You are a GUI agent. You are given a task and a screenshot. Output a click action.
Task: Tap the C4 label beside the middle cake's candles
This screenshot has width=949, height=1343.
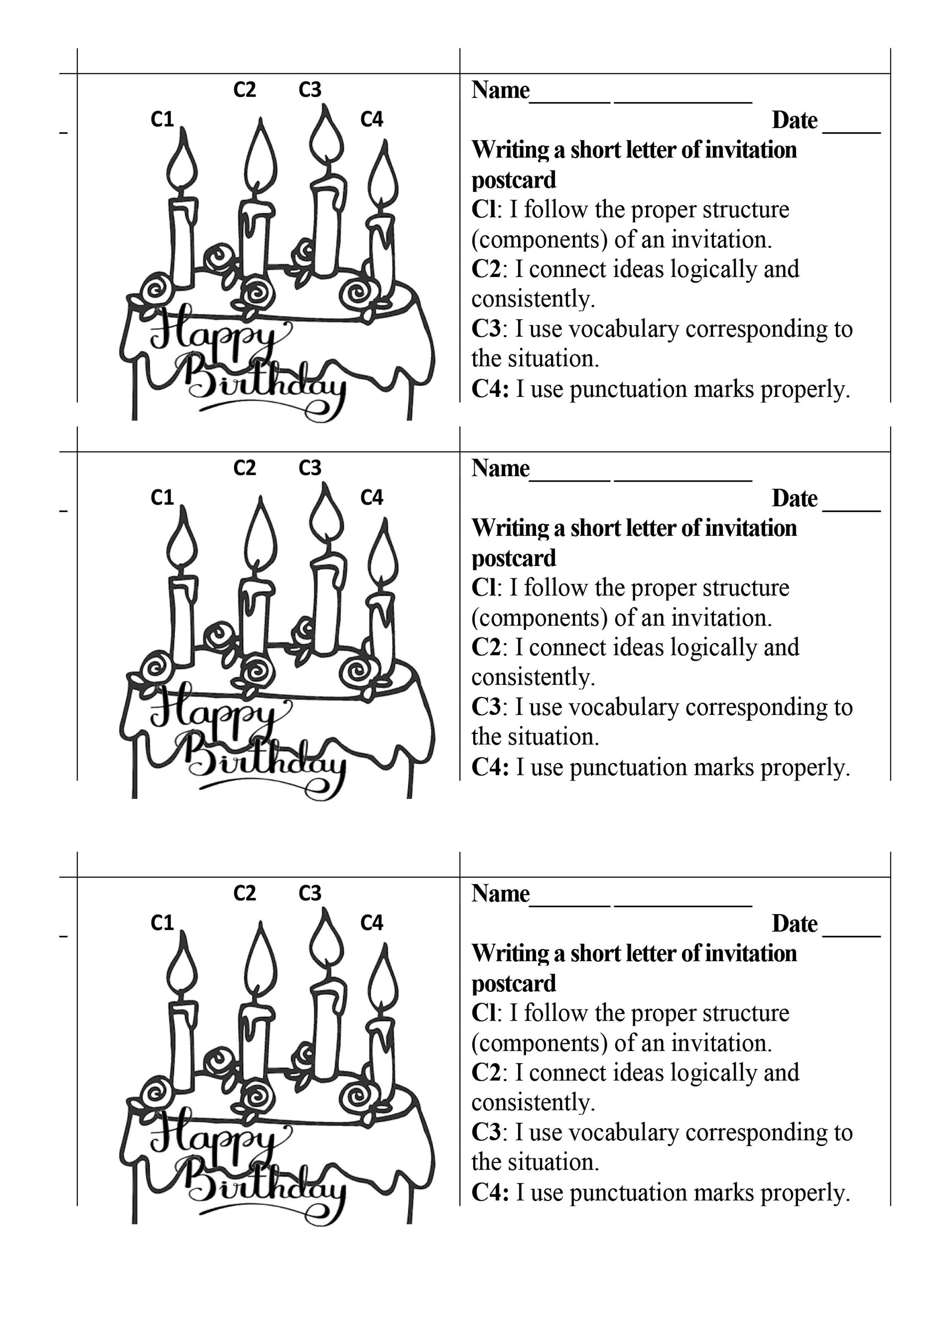372,498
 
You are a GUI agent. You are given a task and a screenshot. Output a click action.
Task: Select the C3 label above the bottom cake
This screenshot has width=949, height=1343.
310,893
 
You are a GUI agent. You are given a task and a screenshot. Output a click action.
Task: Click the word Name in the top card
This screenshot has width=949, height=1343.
501,90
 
